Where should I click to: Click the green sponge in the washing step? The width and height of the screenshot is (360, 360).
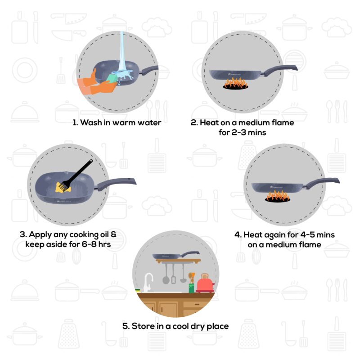coord(110,79)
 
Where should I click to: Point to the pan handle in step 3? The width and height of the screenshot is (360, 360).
coord(119,182)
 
